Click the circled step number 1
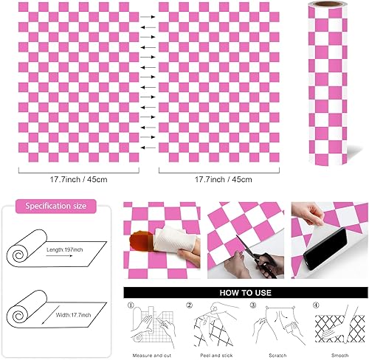[130, 305]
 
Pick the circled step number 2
[190, 305]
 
